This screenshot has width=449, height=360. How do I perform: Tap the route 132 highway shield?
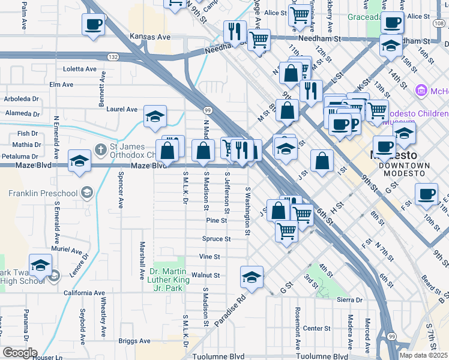click(112, 56)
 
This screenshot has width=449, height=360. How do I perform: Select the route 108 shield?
click(439, 23)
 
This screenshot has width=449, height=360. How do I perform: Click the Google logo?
click(19, 353)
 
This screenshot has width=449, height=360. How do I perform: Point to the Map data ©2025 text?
click(423, 355)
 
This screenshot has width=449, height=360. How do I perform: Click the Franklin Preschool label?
click(43, 193)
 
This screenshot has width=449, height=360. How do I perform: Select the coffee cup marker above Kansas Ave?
click(93, 25)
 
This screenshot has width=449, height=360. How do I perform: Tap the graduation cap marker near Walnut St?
click(252, 277)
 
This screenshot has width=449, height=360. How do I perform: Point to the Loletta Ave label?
click(79, 69)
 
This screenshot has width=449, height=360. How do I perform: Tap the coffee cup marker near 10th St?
click(426, 194)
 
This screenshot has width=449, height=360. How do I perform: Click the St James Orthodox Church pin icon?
click(101, 148)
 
